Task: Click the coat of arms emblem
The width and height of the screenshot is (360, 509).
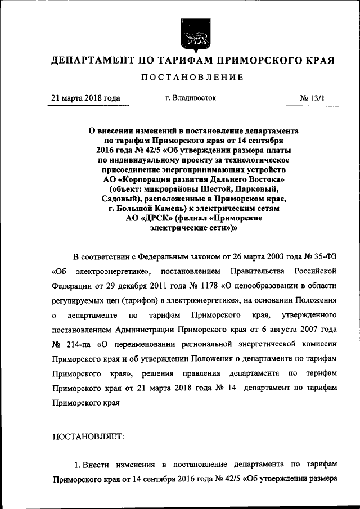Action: pyautogui.click(x=193, y=33)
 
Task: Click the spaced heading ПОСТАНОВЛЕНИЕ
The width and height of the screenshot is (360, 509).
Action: pyautogui.click(x=193, y=77)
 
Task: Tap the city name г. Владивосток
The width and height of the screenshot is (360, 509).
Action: pyautogui.click(x=191, y=98)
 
